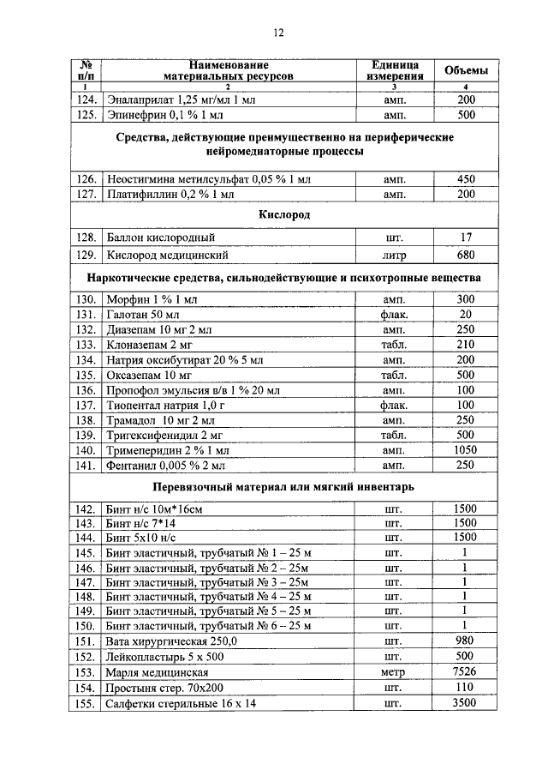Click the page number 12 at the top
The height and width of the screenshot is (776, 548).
coord(278,33)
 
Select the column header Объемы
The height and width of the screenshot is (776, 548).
coord(467,70)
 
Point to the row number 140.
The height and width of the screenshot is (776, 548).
coord(84,450)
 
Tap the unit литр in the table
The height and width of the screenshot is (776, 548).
coord(395,255)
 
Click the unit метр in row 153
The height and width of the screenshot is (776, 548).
coord(395,673)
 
